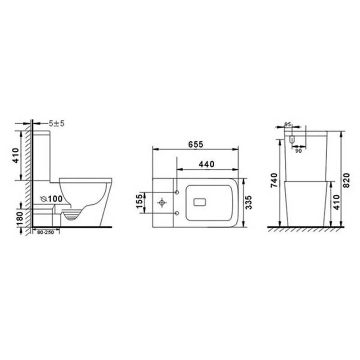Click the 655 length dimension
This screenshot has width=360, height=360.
click(196, 144)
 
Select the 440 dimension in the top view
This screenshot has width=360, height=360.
click(207, 164)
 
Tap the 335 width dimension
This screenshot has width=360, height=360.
click(249, 202)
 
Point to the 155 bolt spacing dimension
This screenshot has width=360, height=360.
click(139, 201)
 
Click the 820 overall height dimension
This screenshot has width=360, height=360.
click(346, 180)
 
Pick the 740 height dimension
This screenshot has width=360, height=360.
click(274, 180)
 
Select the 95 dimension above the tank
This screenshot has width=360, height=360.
click(288, 124)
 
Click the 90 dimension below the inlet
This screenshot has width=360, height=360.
click(298, 151)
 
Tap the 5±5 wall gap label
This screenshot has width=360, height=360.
click(57, 123)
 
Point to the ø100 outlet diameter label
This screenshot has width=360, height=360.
click(51, 199)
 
